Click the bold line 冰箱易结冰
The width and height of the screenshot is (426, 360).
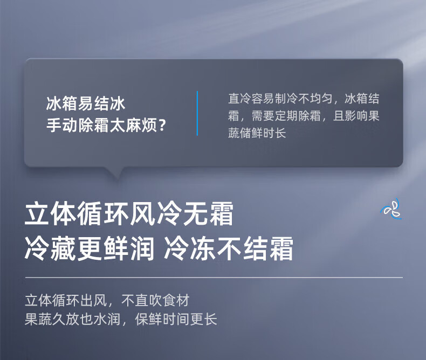[86, 103]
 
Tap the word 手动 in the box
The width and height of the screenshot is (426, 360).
[61, 126]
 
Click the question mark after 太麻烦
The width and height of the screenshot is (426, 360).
[162, 126]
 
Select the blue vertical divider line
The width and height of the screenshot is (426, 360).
[197, 113]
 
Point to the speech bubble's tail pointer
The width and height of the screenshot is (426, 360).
[117, 174]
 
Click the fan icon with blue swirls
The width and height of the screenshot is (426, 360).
[391, 209]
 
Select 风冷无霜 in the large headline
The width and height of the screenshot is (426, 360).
[182, 213]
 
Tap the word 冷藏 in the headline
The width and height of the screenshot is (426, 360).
[50, 248]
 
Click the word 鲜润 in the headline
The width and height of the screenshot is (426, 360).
[129, 248]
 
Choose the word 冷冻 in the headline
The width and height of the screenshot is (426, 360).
[189, 248]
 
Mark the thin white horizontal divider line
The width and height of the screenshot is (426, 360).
[214, 278]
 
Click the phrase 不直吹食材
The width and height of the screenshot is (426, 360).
[155, 300]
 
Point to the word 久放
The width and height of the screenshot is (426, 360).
[66, 319]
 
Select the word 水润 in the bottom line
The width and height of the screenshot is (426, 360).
[107, 319]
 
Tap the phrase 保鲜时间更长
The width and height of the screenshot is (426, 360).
[176, 319]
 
